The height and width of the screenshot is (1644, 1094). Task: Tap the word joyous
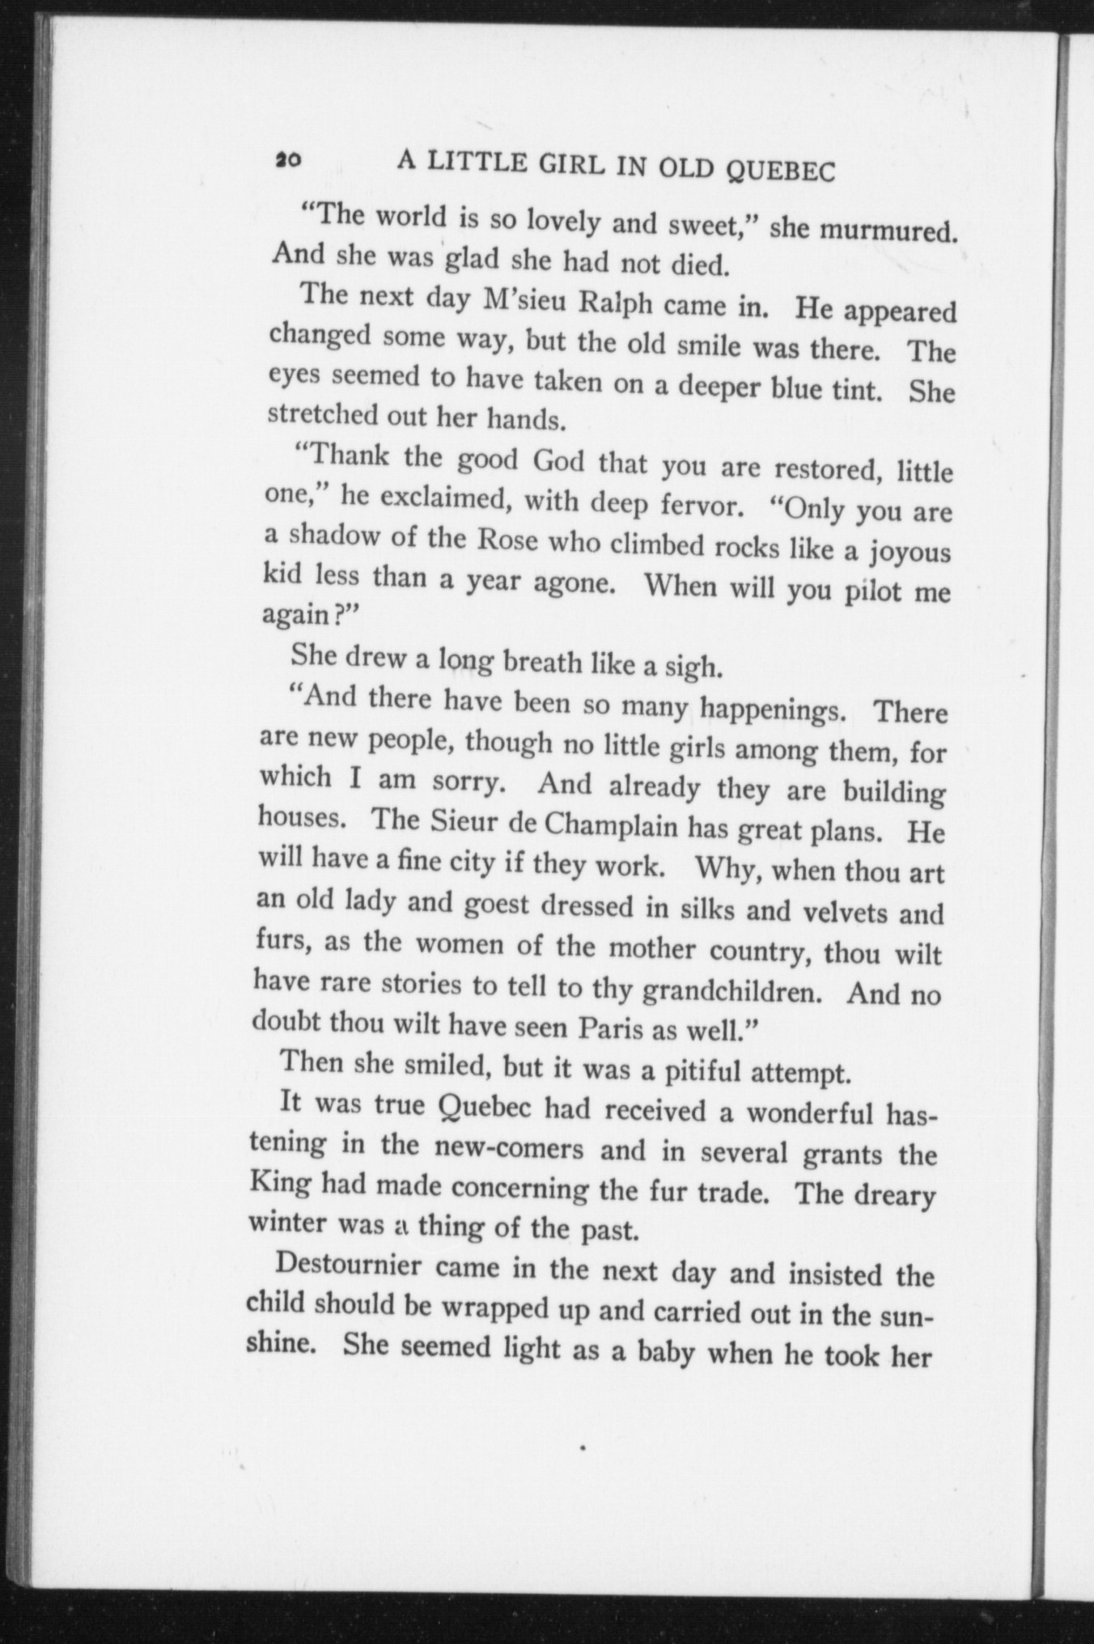coord(910,553)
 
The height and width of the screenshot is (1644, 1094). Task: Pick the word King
coord(281,1182)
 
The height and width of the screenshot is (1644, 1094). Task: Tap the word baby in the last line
coord(655,1351)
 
